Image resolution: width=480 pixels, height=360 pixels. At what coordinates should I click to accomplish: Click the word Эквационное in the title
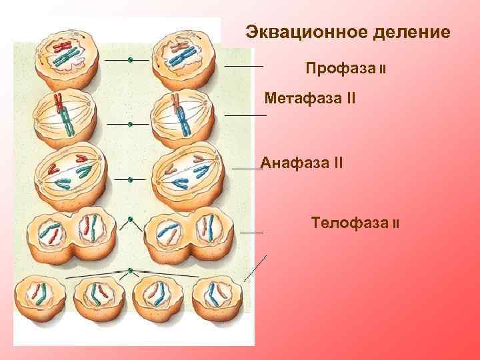pos(300,32)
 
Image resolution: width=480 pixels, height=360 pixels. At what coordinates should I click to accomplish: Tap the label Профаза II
pos(347,69)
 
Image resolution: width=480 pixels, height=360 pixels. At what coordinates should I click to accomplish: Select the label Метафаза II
pos(310,99)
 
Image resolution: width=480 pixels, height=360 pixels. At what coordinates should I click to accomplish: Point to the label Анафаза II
pos(302,162)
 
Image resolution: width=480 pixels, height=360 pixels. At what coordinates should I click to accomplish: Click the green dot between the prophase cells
pos(130,61)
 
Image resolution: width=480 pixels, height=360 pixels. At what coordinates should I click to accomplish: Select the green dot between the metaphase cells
pos(131,124)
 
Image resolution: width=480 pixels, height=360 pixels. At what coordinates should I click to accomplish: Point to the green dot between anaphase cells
pos(131,179)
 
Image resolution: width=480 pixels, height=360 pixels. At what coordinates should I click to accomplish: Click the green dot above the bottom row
pos(131,271)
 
